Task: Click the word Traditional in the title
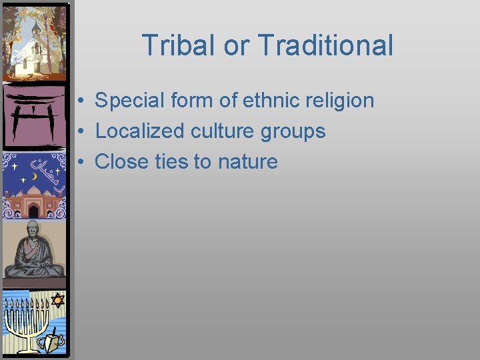325,45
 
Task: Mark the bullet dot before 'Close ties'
79,161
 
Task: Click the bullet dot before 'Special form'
79,101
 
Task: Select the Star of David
57,300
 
